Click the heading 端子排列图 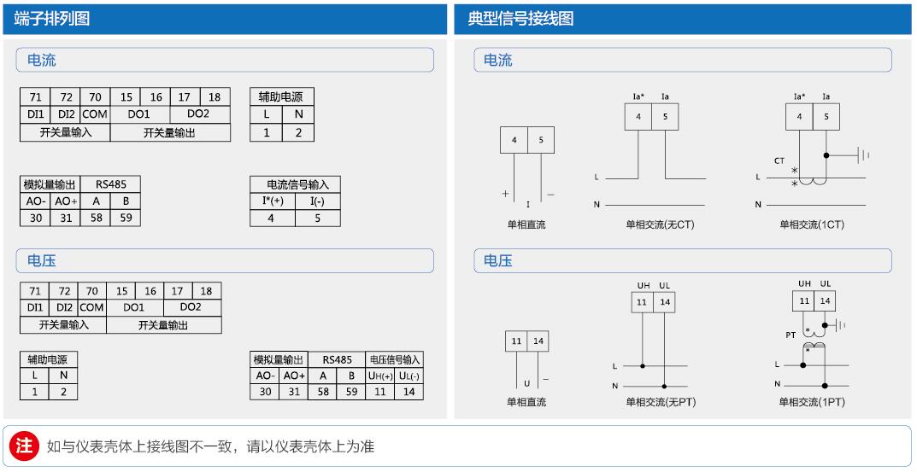pos(52,19)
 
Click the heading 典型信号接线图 pos(520,19)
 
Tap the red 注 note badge pos(25,446)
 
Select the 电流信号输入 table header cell pos(295,184)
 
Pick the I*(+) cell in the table pos(273,201)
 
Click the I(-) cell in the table pos(317,201)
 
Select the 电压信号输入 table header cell pos(394,360)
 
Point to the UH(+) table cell pos(379,376)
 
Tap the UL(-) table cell pos(409,376)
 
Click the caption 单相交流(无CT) pos(660,224)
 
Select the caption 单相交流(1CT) pos(811,224)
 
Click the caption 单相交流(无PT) pos(660,401)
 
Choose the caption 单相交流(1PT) pos(811,401)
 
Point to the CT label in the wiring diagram pos(779,160)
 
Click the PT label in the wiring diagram pos(791,335)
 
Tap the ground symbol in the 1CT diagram pos(864,155)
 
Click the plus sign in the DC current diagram pos(505,194)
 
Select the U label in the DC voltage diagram pos(527,383)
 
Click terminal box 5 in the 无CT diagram pos(665,116)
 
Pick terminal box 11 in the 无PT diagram pos(641,302)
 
